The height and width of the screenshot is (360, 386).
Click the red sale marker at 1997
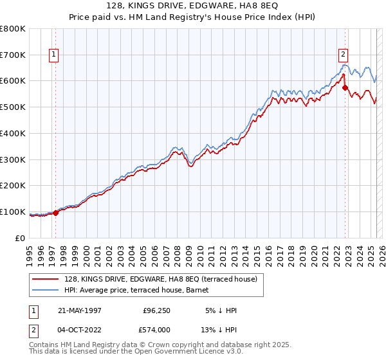tap(56, 213)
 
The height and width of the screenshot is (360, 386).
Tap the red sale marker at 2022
tap(345, 87)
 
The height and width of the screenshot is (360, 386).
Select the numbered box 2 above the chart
tap(344, 55)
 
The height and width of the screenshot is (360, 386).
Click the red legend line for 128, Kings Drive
tap(46, 279)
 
